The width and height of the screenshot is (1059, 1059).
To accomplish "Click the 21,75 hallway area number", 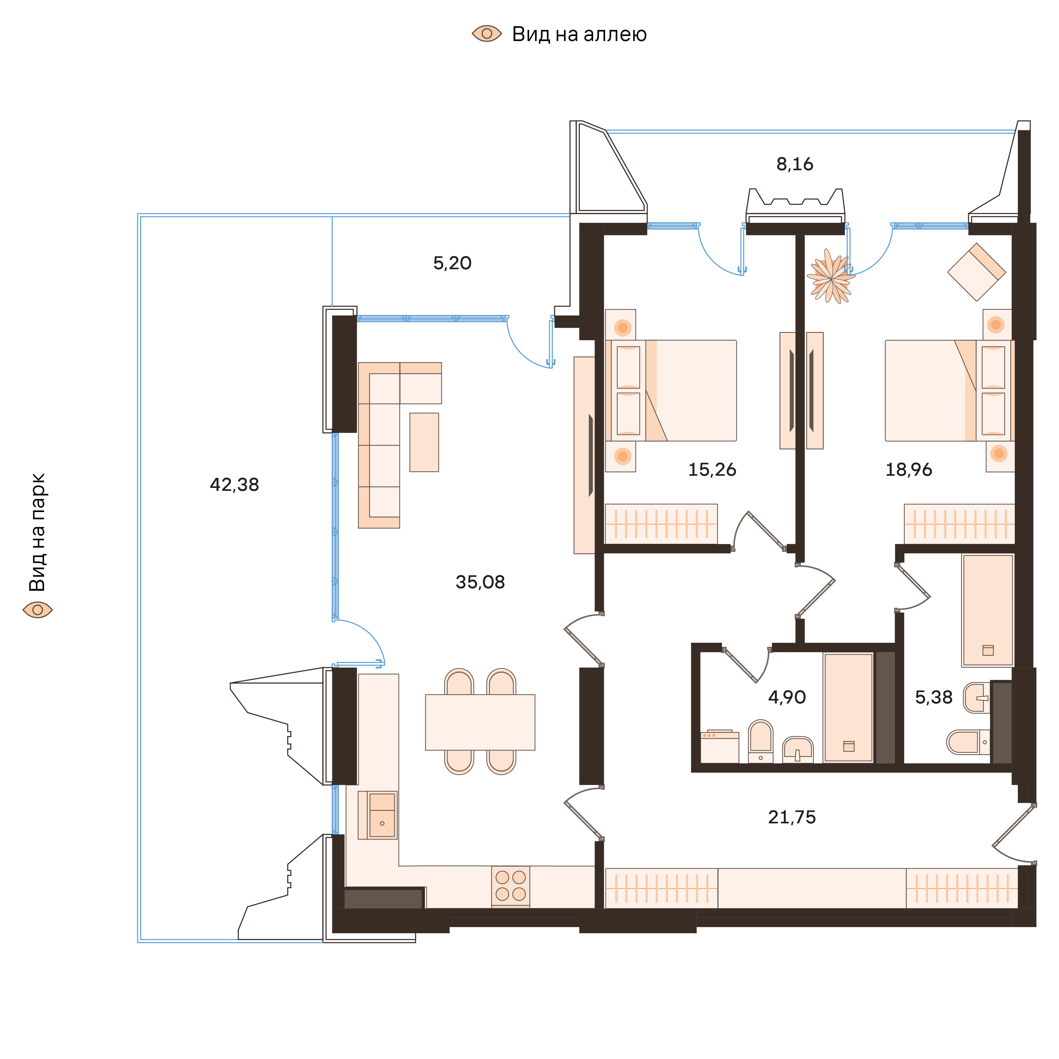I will pos(792,817).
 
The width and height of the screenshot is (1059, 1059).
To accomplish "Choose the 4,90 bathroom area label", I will pos(787,697).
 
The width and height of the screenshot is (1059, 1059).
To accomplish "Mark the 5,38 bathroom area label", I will pos(934,697).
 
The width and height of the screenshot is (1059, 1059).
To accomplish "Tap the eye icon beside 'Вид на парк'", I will pos(37,609).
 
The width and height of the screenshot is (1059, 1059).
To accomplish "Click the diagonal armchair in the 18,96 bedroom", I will pos(976,272).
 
